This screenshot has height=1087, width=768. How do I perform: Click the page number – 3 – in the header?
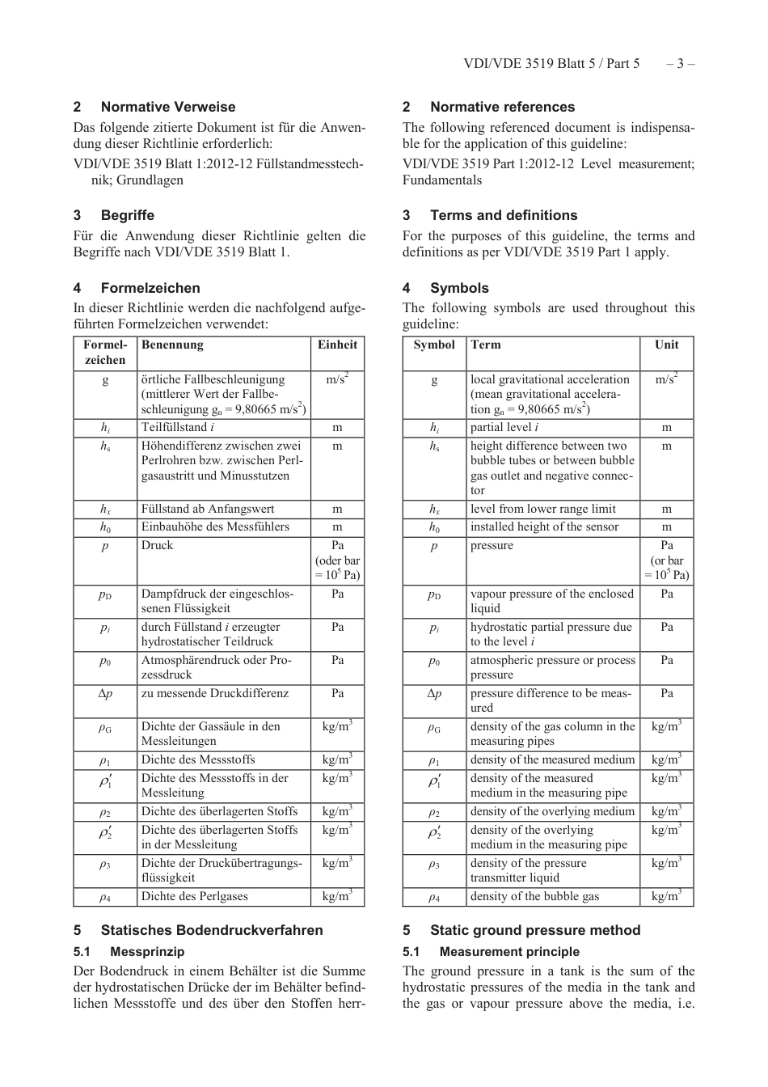pyautogui.click(x=680, y=64)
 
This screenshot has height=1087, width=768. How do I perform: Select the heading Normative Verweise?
pyautogui.click(x=168, y=107)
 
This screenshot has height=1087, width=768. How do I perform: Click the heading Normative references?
pyautogui.click(x=502, y=107)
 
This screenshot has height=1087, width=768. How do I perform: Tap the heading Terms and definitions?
pyautogui.click(x=504, y=215)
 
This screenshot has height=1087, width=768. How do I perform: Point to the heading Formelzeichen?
pyautogui.click(x=150, y=288)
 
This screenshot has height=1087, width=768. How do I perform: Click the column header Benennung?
pyautogui.click(x=172, y=345)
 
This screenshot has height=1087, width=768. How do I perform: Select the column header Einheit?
pyautogui.click(x=337, y=345)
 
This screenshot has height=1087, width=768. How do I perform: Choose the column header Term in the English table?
pyautogui.click(x=486, y=345)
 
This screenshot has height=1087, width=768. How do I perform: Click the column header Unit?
pyautogui.click(x=666, y=345)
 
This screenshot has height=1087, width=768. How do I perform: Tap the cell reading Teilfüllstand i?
pyautogui.click(x=178, y=427)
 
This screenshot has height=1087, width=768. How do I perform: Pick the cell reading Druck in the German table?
pyautogui.click(x=157, y=545)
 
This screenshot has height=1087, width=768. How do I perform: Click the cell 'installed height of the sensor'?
pyautogui.click(x=544, y=527)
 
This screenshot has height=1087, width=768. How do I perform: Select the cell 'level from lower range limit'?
pyautogui.click(x=542, y=509)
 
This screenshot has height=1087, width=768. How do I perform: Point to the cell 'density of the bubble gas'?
pyautogui.click(x=534, y=896)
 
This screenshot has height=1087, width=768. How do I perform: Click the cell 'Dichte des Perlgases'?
pyautogui.click(x=194, y=896)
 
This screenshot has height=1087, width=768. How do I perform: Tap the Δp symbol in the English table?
pyautogui.click(x=434, y=693)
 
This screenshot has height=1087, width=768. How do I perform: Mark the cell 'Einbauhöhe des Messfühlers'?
pyautogui.click(x=215, y=527)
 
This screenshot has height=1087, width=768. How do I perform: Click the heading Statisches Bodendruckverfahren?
pyautogui.click(x=212, y=930)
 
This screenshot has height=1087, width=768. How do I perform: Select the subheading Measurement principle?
pyautogui.click(x=509, y=952)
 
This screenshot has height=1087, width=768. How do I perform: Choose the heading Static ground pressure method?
pyautogui.click(x=535, y=930)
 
